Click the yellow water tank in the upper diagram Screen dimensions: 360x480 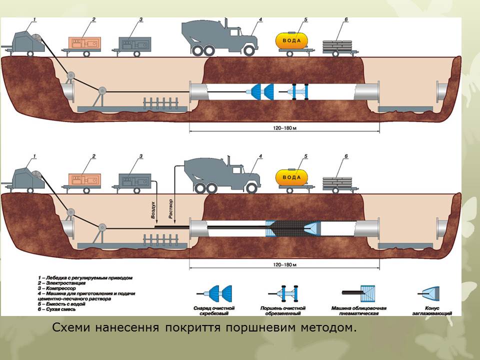click(291, 40)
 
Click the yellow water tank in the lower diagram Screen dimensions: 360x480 click(291, 177)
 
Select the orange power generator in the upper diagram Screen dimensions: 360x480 click(84, 42)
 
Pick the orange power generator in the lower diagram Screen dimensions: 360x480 click(84, 180)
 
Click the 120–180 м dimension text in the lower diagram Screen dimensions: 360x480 click(284, 264)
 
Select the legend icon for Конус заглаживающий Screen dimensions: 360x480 click(430, 292)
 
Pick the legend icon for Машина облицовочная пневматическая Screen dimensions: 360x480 click(357, 292)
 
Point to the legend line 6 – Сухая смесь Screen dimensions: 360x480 click(58, 310)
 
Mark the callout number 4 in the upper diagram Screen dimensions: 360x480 click(260, 20)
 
